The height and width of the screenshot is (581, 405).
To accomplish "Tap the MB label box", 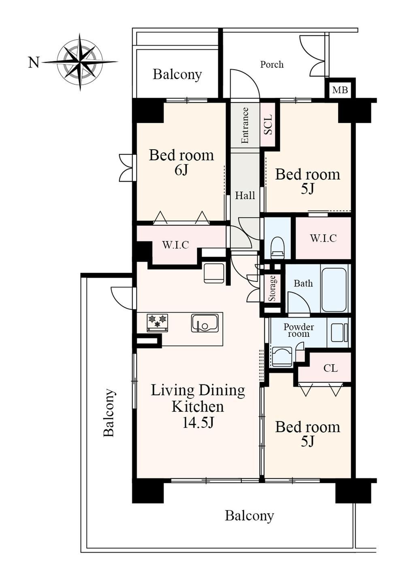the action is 340,90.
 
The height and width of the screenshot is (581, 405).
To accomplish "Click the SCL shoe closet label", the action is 268,124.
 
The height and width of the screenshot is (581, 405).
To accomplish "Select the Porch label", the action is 272,64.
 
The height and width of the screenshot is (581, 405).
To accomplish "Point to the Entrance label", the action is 245,125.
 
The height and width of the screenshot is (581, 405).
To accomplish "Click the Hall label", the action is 245,195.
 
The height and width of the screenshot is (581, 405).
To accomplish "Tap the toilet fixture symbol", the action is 277,248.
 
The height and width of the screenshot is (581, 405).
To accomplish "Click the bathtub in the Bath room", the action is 335,288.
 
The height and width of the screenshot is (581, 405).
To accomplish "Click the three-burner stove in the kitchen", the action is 158,322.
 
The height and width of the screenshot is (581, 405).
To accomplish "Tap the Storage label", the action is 272,288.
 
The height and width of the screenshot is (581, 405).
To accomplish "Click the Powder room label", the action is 298,330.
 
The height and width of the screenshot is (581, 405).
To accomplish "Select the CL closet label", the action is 330,368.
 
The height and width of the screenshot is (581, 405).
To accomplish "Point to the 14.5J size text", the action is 198,423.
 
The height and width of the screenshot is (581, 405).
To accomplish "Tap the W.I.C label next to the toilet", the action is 323,238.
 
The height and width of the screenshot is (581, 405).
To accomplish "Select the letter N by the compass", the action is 34,62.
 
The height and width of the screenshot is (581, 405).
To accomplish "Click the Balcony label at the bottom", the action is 249,516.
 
